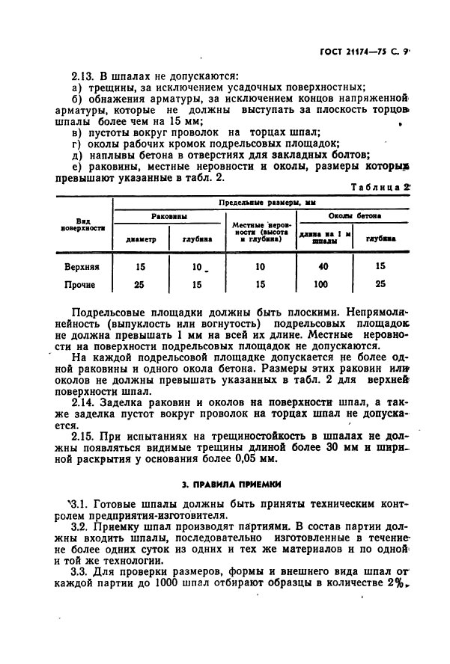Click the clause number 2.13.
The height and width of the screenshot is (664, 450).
tap(83, 76)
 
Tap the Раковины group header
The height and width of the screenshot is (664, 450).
tap(168, 217)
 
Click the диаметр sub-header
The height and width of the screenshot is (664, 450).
tap(141, 240)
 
